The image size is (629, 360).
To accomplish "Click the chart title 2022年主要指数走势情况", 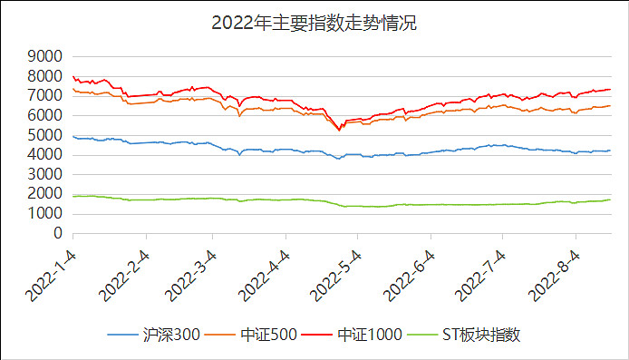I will [x=314, y=23].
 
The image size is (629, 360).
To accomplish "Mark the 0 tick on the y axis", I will [x=56, y=234].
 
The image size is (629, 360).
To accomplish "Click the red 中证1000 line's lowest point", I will [x=339, y=129].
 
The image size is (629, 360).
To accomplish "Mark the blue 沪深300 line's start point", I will [x=73, y=136].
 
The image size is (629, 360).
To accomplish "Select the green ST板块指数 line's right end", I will [x=610, y=199].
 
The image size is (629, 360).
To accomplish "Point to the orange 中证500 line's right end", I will [x=610, y=106].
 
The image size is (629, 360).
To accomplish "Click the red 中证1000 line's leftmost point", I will [x=73, y=77].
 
